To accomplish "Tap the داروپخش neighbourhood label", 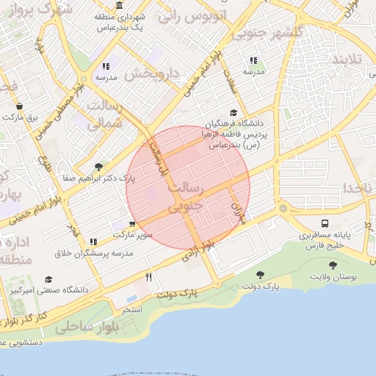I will [152, 73].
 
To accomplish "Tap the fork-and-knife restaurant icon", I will [149, 277].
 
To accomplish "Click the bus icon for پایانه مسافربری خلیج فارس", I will [325, 223].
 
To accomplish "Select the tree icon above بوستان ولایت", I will [333, 265].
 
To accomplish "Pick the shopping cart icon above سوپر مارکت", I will [132, 224].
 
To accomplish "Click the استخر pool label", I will [131, 309].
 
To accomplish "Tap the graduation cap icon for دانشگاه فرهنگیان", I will [234, 113].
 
